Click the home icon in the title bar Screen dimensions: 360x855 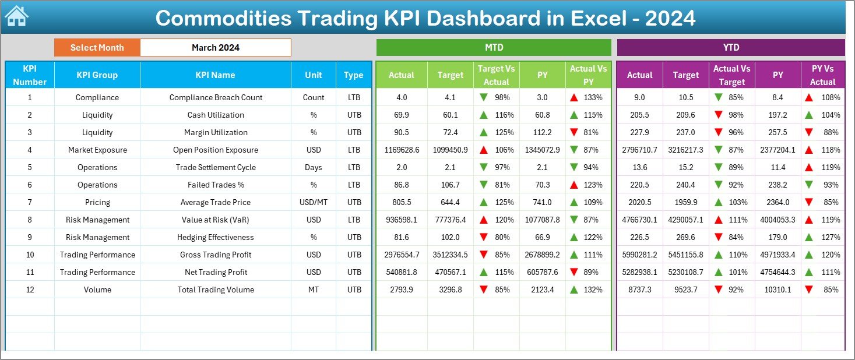click(16, 17)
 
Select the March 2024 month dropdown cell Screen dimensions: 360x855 click(215, 48)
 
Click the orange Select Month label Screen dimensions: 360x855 click(97, 48)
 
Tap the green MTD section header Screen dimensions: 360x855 click(493, 47)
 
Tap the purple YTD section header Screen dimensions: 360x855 click(730, 47)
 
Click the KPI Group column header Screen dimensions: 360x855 click(97, 75)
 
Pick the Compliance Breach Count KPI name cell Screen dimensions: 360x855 click(216, 97)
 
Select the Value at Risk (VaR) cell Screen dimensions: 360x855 click(216, 220)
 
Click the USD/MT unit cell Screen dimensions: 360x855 click(314, 202)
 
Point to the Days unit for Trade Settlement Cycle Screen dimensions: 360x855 click(314, 167)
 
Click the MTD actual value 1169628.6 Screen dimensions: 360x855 click(401, 150)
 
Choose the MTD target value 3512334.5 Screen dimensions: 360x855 click(450, 255)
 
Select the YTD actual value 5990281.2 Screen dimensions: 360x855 click(639, 255)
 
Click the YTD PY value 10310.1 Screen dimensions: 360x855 click(777, 290)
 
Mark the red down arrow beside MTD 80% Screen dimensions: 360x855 click(483, 237)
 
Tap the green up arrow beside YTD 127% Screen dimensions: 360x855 click(810, 237)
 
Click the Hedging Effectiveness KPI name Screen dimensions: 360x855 click(216, 237)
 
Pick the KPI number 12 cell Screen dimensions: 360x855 click(30, 290)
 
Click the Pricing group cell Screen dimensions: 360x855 click(97, 202)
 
